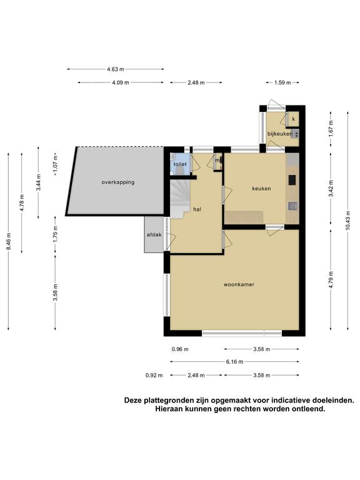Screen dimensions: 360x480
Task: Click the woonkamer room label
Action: coord(239,284)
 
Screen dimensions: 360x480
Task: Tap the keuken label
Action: coord(261,189)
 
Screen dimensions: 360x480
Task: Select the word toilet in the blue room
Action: coord(180,164)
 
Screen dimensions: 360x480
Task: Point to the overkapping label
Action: coord(118,182)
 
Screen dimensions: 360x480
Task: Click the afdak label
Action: coord(154,235)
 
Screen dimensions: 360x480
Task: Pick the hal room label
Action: coord(197,209)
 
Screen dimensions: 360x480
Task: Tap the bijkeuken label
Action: coord(279,134)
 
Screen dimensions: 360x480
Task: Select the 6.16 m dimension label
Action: coord(235,362)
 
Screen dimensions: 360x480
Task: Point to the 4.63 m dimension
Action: coord(116,69)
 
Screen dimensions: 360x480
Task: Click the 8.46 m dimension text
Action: coord(9,241)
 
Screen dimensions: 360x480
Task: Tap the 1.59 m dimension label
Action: coord(282,82)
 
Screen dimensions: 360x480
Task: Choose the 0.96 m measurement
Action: coord(180,349)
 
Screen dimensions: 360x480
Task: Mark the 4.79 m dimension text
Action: coord(331,279)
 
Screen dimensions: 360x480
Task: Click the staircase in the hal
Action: coord(180,199)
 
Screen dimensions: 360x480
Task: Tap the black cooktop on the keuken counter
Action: coord(292,180)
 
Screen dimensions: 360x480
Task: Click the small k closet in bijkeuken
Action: coord(293,119)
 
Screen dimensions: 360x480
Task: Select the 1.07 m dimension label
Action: coord(56,164)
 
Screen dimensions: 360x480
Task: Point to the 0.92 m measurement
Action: coord(154,375)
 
